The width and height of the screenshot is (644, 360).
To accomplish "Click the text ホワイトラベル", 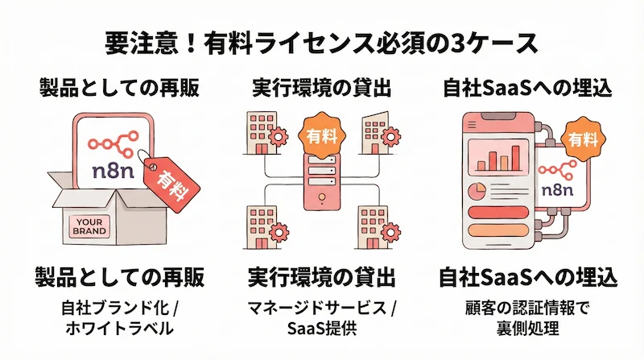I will click(x=118, y=328).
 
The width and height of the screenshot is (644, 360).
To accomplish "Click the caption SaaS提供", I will click(x=321, y=328).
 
